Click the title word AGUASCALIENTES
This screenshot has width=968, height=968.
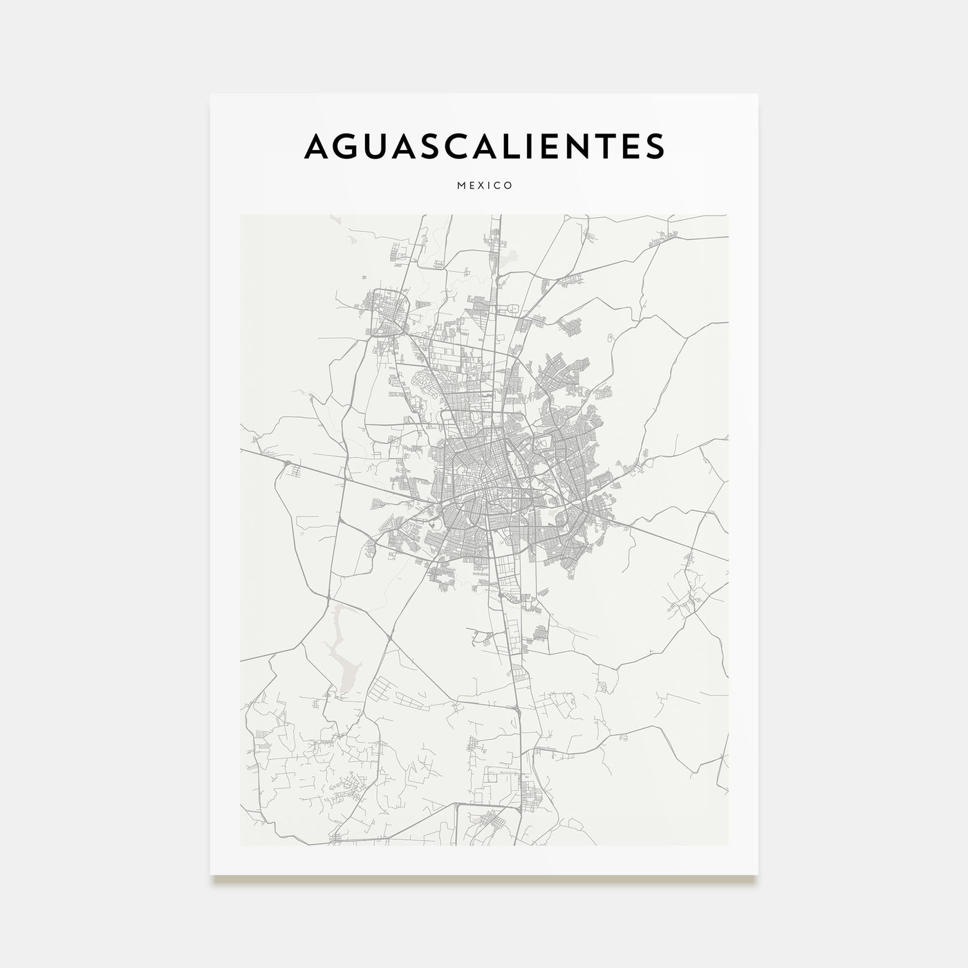pyautogui.click(x=484, y=146)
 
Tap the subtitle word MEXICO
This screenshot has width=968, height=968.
pyautogui.click(x=484, y=185)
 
